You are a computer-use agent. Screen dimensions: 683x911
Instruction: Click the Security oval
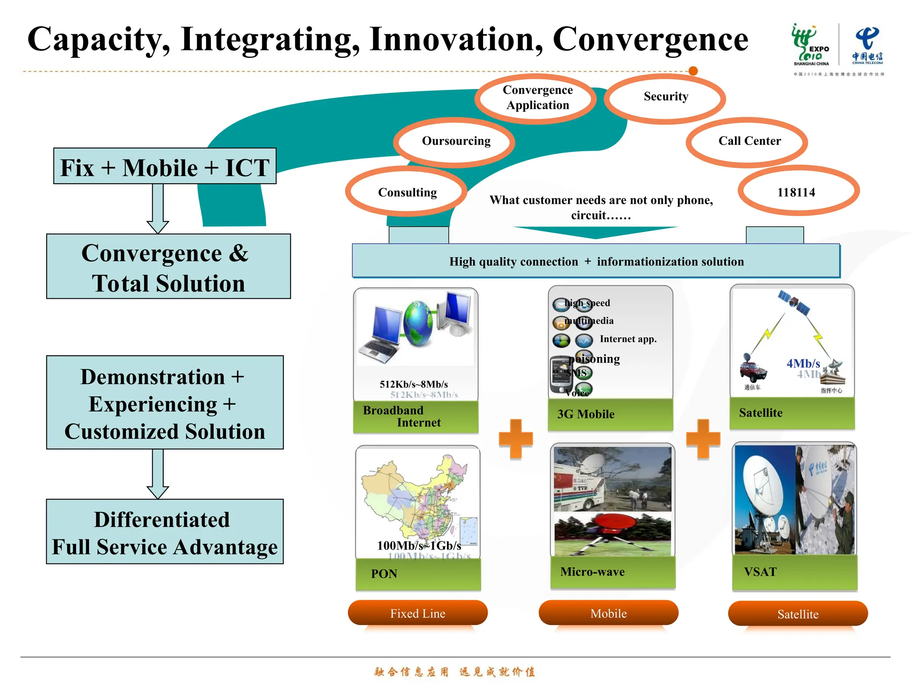[665, 97]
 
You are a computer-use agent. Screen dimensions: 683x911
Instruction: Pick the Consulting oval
[407, 192]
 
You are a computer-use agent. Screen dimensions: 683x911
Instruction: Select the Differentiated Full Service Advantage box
[165, 532]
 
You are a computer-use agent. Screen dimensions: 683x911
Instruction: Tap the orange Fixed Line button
[418, 613]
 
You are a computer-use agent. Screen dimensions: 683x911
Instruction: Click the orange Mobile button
[608, 613]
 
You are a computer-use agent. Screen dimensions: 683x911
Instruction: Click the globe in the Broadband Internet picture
[418, 323]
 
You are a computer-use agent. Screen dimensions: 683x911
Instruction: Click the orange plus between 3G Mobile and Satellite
[703, 439]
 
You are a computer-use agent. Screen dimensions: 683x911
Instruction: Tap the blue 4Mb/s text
[803, 363]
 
